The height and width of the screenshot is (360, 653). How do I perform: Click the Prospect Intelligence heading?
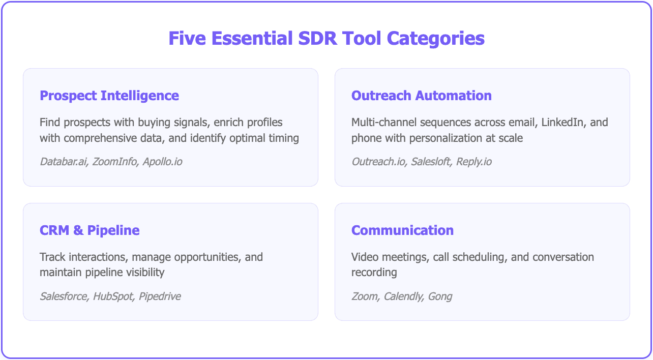(109, 96)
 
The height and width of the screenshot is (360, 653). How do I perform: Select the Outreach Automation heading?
(421, 96)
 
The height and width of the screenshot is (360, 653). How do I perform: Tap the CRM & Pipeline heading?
(90, 230)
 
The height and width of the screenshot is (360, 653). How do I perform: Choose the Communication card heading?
(402, 230)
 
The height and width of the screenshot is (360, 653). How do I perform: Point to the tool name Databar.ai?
(63, 162)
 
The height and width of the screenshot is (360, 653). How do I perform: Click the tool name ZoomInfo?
(114, 162)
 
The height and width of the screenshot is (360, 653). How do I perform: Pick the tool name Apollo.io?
(162, 162)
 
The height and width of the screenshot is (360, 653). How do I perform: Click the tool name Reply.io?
(474, 162)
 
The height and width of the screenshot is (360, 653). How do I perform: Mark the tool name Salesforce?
(64, 296)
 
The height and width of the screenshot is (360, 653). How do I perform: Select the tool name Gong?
(440, 296)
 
